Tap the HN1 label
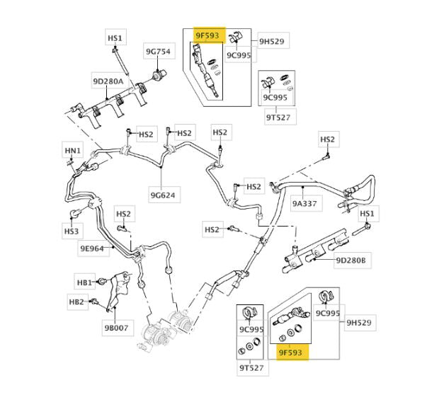pyautogui.click(x=74, y=150)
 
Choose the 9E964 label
pyautogui.click(x=92, y=248)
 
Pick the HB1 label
pyautogui.click(x=85, y=283)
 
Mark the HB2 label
pyautogui.click(x=76, y=302)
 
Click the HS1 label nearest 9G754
pyautogui.click(x=115, y=38)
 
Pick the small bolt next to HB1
pyautogui.click(x=103, y=281)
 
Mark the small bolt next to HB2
pyautogui.click(x=94, y=304)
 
